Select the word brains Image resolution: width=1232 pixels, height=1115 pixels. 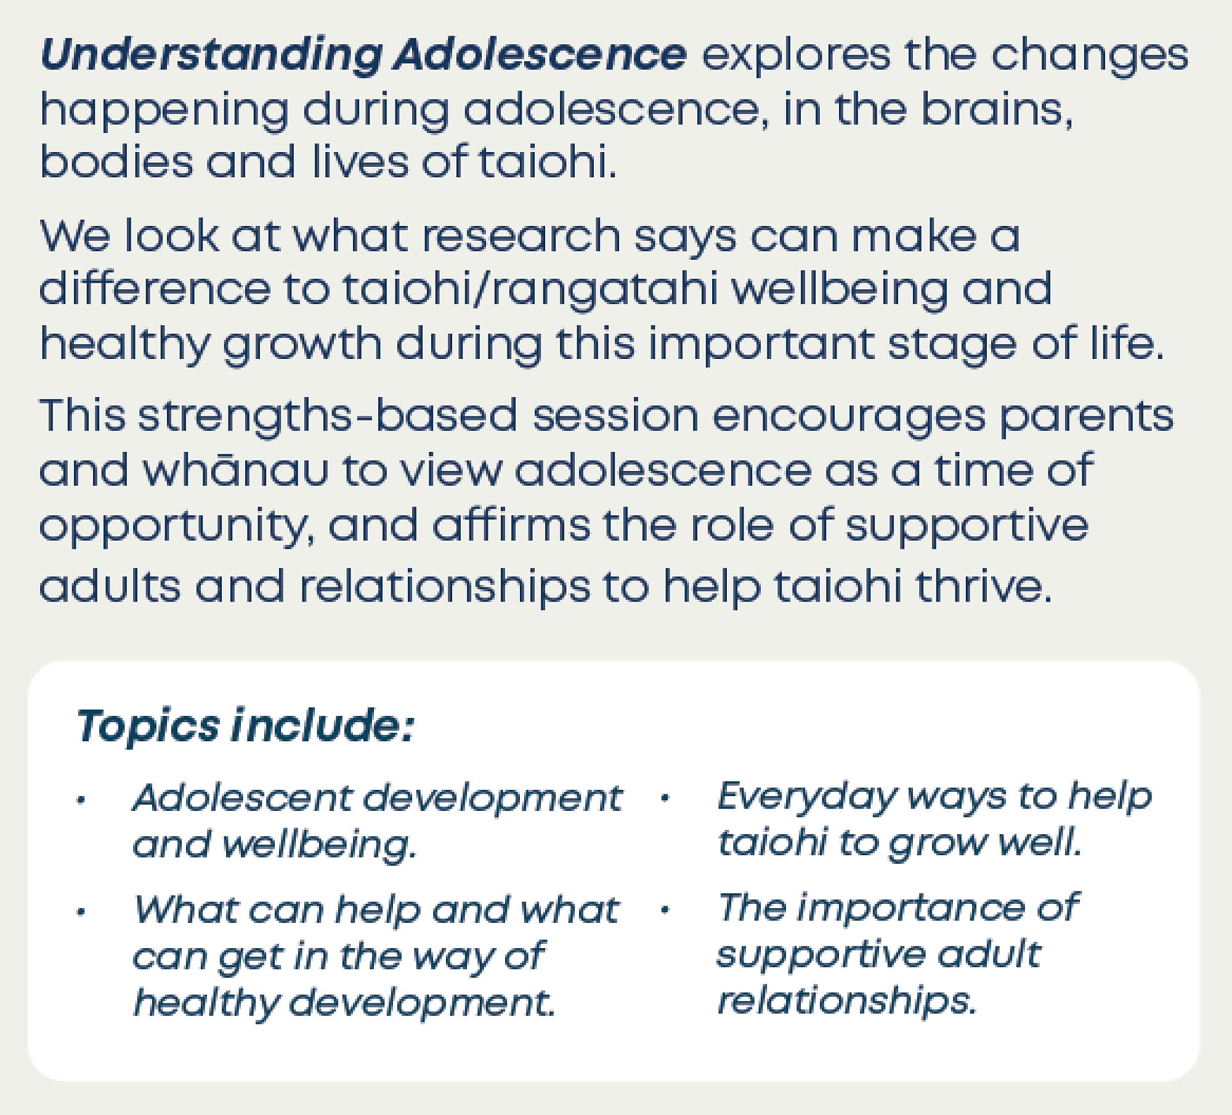pos(996,110)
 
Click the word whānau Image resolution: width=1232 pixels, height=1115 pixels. pos(235,470)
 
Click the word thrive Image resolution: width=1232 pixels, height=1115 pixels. pos(984,586)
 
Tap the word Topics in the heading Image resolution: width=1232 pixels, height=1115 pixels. pos(148,727)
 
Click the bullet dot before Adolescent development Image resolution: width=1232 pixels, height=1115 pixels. pos(79,801)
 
